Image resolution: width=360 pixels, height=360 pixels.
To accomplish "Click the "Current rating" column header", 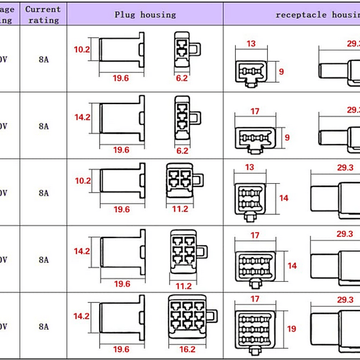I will [x=43, y=14].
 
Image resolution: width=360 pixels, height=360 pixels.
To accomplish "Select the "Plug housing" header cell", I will [x=145, y=15].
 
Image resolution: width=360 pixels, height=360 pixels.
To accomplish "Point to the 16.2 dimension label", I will [x=187, y=349].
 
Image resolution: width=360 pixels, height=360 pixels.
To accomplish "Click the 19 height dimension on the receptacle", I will [x=292, y=329].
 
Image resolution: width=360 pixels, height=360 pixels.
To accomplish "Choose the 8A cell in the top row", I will [x=44, y=59].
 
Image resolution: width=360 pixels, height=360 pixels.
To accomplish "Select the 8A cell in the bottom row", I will [x=44, y=326].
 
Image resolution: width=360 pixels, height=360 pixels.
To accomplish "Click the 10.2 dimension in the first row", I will [x=82, y=50].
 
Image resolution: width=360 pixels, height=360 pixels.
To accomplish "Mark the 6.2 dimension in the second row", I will [x=182, y=150].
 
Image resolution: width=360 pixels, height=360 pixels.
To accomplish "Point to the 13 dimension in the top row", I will [x=251, y=44].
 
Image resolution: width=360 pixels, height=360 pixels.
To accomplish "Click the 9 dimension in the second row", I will [x=287, y=138].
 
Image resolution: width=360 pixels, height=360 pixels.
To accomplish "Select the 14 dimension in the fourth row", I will [x=292, y=266].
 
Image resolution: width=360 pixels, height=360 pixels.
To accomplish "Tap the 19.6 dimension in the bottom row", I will [x=121, y=349].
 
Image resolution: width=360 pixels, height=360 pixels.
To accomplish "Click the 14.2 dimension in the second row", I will [x=82, y=117].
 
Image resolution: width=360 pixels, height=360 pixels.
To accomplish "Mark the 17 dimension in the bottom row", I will [x=255, y=299].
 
